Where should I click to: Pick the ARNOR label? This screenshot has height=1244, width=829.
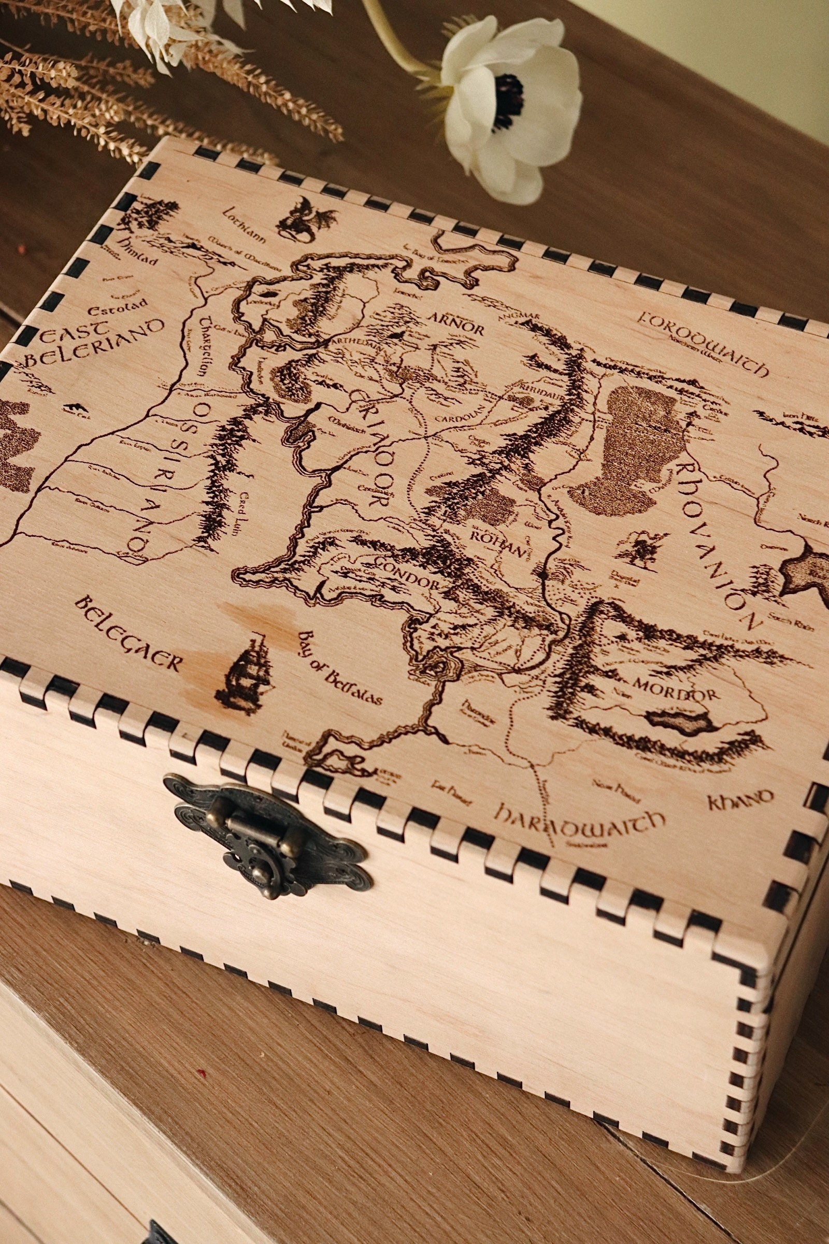pyautogui.click(x=452, y=328)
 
